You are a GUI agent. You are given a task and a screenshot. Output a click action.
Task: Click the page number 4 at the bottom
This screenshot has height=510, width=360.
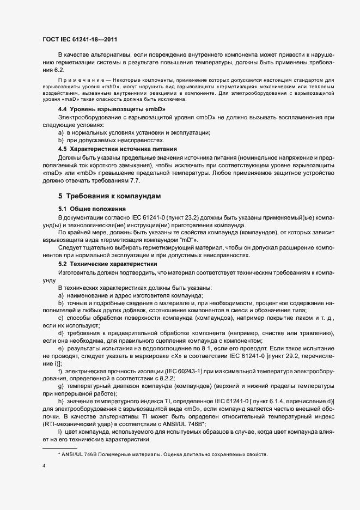tap(44, 466)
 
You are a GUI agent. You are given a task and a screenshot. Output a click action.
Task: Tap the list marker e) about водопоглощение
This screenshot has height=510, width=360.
tap(60, 348)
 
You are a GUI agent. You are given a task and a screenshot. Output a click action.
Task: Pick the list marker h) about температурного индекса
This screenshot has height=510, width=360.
tap(60, 401)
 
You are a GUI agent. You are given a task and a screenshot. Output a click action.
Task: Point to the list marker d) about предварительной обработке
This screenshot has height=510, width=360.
tap(60, 333)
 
